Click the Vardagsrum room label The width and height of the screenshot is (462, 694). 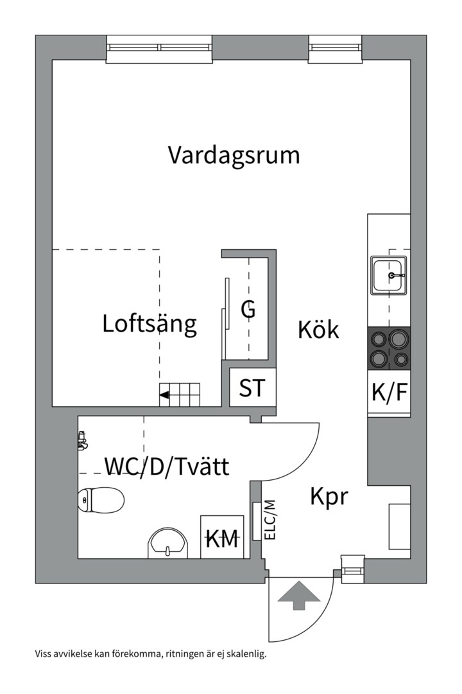tap(234, 156)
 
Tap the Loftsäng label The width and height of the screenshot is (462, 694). tap(150, 324)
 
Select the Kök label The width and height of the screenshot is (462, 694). tap(318, 330)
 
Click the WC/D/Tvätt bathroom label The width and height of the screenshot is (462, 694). tap(166, 466)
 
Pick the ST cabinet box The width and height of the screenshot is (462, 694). tap(252, 388)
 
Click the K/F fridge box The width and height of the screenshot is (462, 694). tap(389, 392)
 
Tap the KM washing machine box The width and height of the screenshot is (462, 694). tap(222, 537)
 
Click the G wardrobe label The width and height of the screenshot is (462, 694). tap(248, 310)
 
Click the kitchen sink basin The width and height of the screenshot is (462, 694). tap(389, 275)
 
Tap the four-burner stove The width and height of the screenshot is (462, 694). tap(389, 349)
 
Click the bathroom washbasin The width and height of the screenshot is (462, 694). tap(168, 544)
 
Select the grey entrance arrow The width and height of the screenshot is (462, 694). tap(299, 595)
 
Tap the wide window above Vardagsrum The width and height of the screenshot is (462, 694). tap(158, 48)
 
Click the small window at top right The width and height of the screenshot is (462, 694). tap(335, 48)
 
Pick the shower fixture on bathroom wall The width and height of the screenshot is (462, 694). tap(81, 440)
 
